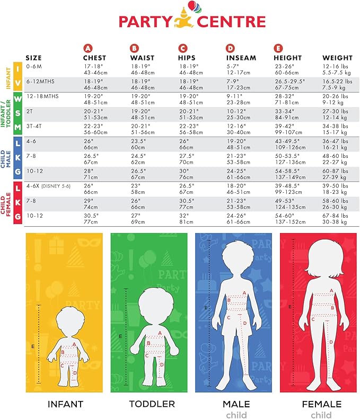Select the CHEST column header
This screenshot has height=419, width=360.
(94, 57)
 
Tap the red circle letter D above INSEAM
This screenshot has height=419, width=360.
(230, 48)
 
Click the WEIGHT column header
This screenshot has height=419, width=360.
(336, 57)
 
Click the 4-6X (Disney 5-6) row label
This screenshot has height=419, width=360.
(47, 186)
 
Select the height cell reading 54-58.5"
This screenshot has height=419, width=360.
(289, 171)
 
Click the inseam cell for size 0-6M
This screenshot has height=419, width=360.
(234, 69)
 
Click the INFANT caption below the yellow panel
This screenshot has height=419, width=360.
(65, 404)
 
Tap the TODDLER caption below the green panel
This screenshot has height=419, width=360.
(152, 404)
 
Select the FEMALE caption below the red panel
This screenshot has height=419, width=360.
(321, 404)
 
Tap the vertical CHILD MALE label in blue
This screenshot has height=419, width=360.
(8, 159)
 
